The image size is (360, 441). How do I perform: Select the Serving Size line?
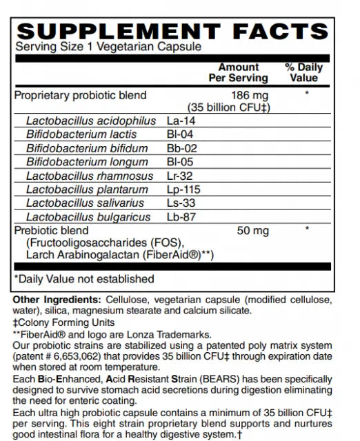108,48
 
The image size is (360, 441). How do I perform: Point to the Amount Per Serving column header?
238,73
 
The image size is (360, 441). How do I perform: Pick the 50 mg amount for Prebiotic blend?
252,231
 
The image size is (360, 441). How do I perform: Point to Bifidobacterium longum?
87,162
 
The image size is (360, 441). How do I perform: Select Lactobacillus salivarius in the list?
85,203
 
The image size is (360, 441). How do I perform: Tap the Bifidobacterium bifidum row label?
87,149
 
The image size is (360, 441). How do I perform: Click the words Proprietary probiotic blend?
80,96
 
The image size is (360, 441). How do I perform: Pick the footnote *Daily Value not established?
84,279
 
